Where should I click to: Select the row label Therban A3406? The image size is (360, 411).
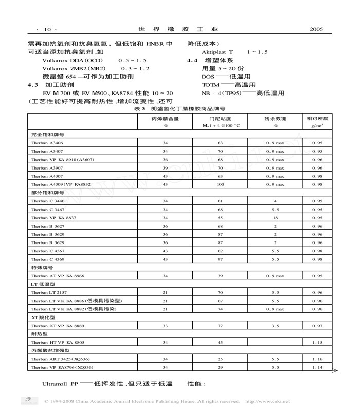[x=47, y=142]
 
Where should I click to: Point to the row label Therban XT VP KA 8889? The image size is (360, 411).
[x=57, y=326]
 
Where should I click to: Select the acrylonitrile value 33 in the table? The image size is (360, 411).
[x=166, y=326]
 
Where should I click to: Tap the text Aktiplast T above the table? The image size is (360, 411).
[x=217, y=52]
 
